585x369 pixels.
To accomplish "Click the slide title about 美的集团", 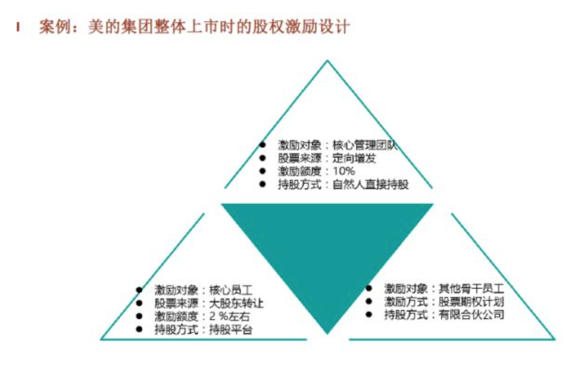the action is point(194,27).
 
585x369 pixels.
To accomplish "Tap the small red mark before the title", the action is point(18,27).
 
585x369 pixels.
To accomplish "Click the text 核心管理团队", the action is point(365,145).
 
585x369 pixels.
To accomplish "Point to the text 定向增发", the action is point(354,158).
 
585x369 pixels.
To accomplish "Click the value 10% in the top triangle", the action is point(344,171).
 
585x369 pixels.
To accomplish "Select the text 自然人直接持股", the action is point(370,184).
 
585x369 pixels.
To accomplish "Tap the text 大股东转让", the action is point(236,304).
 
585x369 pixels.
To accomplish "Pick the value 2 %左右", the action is point(230,316).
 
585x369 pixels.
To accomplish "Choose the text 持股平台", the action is point(231,330).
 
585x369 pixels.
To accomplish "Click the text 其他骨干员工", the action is point(471,289).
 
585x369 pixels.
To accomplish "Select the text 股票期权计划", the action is point(471,302).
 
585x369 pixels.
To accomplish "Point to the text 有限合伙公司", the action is point(471,315).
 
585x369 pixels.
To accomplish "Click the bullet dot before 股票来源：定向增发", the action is point(263,158).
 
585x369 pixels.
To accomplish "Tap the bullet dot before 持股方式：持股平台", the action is point(139,329).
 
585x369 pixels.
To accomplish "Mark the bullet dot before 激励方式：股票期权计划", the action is point(369,301).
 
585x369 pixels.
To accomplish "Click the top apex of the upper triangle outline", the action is point(328,60).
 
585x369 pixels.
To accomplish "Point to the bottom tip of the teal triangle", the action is point(328,334).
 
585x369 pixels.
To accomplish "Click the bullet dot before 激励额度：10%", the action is point(263,171).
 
